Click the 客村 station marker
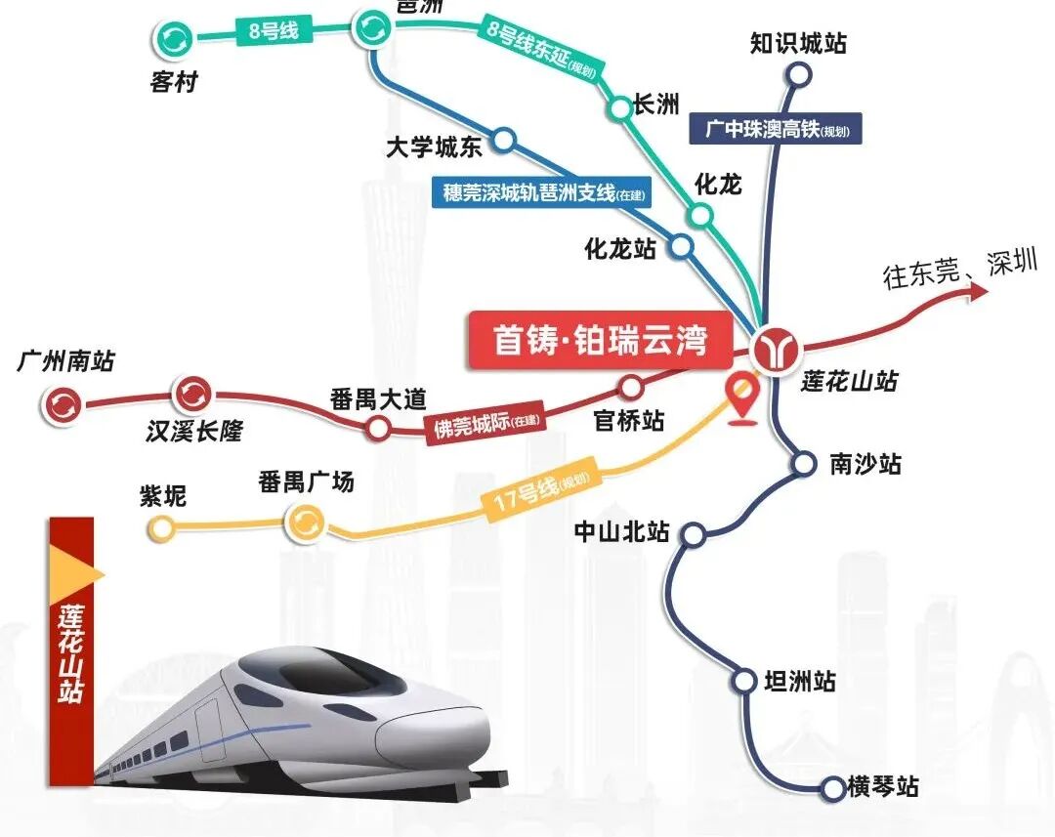[176, 40]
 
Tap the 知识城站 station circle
[799, 74]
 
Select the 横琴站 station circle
[832, 786]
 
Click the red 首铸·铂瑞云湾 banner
[600, 341]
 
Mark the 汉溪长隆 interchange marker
[191, 394]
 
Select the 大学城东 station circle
[504, 140]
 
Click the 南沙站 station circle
[803, 463]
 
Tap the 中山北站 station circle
[694, 534]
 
